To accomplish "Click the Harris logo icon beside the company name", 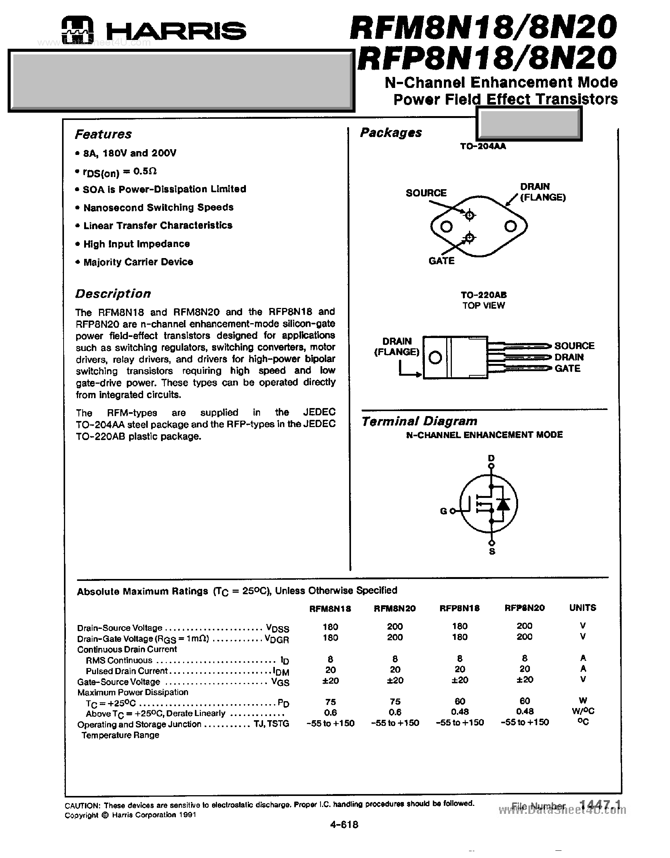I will click(77, 29).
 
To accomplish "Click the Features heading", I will click(103, 134).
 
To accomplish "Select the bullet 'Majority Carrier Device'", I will click(138, 262).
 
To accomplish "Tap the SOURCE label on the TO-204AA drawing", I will click(426, 193).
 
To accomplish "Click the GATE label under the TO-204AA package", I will click(441, 261).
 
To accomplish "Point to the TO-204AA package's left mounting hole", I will click(447, 226).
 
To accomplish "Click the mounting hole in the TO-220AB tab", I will click(435, 357).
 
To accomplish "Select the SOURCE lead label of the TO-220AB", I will click(574, 346).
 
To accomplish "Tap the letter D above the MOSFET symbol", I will click(491, 458).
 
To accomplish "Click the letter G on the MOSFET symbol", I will click(443, 511).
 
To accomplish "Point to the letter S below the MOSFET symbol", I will click(492, 552).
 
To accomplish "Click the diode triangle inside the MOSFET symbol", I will click(503, 504).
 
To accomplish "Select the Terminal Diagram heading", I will click(419, 421).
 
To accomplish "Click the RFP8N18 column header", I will click(459, 608).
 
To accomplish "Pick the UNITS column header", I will click(582, 608).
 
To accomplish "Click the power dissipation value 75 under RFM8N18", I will click(330, 701).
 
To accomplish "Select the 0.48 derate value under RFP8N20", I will click(525, 711).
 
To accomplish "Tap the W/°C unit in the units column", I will click(583, 711).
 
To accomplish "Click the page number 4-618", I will click(344, 825).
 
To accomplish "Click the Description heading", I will click(113, 294).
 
